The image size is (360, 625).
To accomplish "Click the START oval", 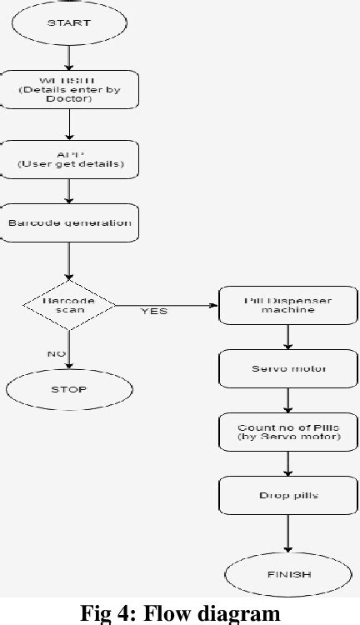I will pos(69,23).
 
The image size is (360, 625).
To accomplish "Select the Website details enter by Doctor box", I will pos(69,90).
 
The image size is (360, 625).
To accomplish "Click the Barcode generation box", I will pos(69,222).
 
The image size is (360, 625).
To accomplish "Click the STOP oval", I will pos(69,388).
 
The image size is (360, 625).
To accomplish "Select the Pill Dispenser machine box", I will pos(288,305).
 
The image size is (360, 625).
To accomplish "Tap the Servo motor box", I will pos(288,368).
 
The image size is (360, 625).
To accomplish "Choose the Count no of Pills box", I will pos(288,432).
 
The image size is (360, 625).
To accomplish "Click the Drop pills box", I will pos(288,496).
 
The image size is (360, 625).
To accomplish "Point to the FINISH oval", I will pos(288,573).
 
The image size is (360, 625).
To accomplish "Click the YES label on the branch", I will pos(153,312).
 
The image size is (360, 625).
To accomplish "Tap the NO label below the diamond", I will pos(56,353).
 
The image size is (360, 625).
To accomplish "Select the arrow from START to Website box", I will pos(69,57).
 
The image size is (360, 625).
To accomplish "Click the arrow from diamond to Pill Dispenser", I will pos(167,304).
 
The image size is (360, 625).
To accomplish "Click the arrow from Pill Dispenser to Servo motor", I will pos(288,337).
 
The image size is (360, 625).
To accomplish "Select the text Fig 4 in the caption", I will pos(99,614).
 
